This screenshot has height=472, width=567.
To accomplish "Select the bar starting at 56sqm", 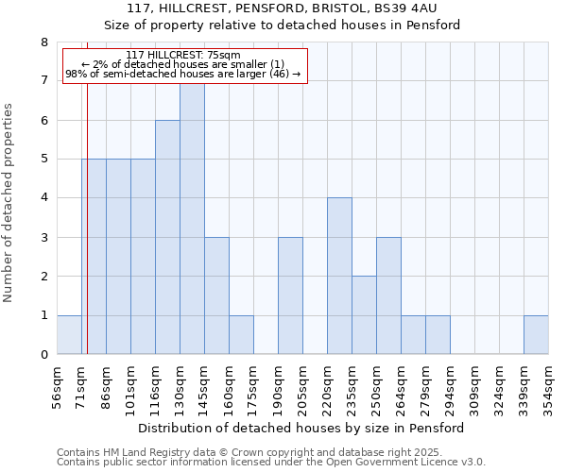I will click(x=69, y=335).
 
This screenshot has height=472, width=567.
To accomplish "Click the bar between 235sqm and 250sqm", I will click(x=364, y=315).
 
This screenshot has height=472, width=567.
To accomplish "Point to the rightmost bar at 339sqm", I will click(x=536, y=335).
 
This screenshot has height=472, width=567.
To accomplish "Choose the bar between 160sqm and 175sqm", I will click(x=241, y=335).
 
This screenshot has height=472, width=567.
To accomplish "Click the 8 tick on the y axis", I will click(x=43, y=42).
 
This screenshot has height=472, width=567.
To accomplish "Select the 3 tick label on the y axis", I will click(x=43, y=238).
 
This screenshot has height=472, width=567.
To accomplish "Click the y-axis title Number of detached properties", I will click(x=9, y=203).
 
